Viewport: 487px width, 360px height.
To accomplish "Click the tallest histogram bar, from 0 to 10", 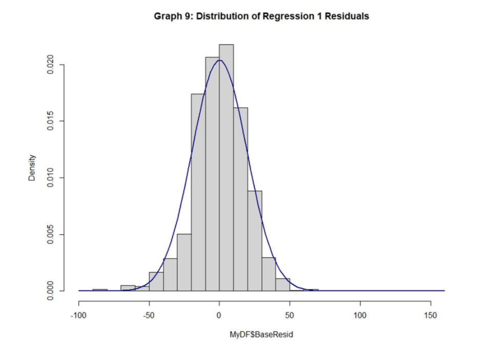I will point(226,169).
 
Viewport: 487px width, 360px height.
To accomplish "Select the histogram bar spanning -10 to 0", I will point(212,174).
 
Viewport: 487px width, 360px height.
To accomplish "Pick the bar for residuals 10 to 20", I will point(240,200).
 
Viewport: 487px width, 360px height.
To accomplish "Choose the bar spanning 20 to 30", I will point(254,241).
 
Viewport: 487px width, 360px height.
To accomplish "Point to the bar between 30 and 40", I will point(269,274).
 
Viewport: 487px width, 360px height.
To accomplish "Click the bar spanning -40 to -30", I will point(170,275).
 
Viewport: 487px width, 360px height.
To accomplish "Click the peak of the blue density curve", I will point(219,60).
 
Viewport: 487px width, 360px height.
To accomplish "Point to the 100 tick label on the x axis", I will point(360,315).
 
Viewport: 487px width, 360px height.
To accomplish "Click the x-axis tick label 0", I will point(219,315).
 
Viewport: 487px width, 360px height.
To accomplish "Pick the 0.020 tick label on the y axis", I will point(50,65).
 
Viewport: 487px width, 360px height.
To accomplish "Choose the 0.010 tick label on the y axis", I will point(50,178).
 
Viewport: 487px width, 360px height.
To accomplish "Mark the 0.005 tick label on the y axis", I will point(50,234).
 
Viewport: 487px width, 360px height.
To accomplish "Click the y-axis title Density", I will point(32,168).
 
